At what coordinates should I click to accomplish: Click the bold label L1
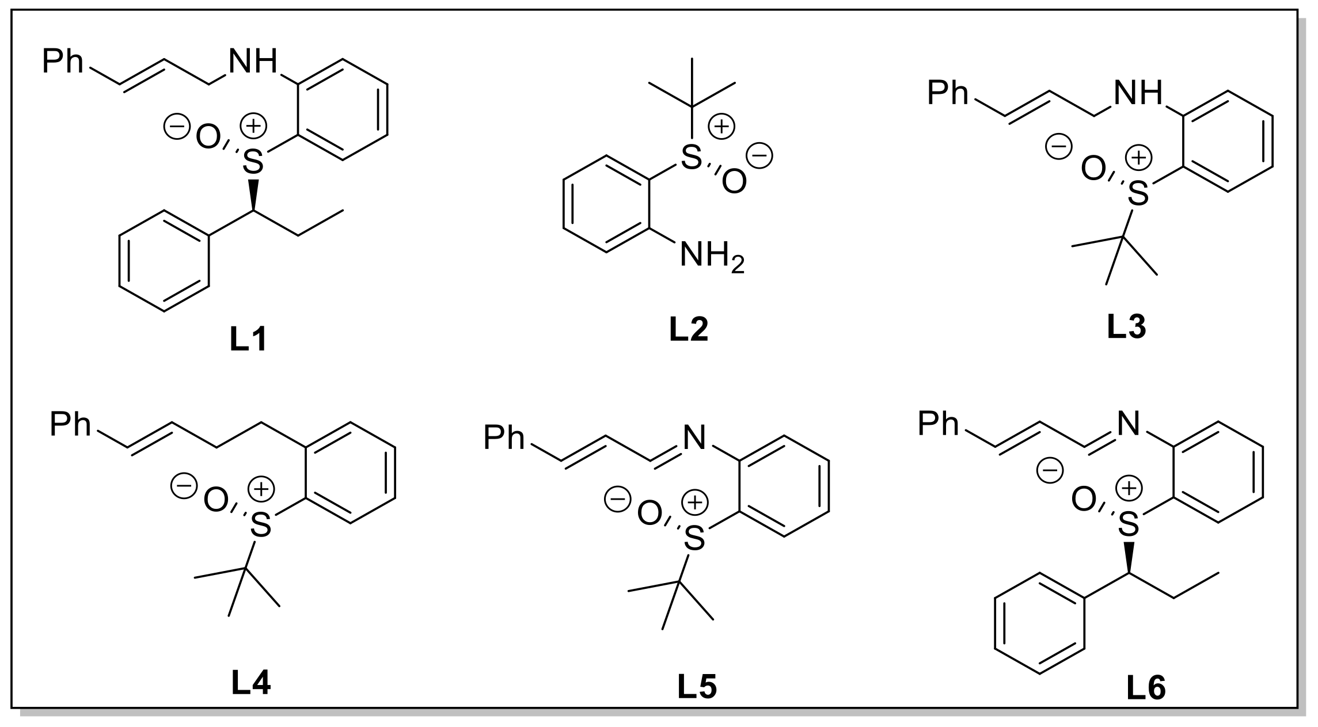tap(248, 341)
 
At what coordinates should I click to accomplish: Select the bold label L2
tap(689, 330)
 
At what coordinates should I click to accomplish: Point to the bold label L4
tap(250, 684)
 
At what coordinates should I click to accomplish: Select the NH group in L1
tap(253, 61)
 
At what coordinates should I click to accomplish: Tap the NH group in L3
tap(1138, 93)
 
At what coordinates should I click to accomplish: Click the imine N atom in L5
tap(694, 439)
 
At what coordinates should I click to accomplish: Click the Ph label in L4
tap(70, 425)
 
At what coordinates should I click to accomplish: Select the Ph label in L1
tap(63, 61)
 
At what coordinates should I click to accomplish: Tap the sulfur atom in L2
tap(692, 157)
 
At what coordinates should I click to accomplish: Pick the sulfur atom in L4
tap(261, 526)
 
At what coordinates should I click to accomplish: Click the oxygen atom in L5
tap(649, 514)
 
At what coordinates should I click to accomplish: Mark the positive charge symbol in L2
tap(721, 127)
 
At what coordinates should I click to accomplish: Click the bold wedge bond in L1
tap(253, 195)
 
